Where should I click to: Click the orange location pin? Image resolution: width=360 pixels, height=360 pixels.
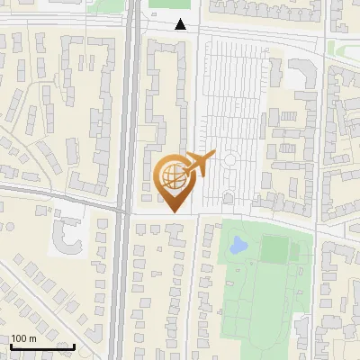tap(172, 180)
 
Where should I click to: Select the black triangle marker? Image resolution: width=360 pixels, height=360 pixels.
tap(182, 24)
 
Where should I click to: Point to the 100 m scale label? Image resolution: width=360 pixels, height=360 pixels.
tap(24, 338)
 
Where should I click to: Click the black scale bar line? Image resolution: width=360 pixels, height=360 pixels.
tap(41, 346)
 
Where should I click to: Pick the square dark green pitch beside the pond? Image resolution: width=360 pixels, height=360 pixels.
tap(274, 248)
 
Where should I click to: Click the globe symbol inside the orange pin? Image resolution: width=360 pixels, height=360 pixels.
tap(172, 173)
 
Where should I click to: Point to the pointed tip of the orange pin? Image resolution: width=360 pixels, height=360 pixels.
tap(172, 212)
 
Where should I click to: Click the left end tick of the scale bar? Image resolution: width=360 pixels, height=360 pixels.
tap(10, 345)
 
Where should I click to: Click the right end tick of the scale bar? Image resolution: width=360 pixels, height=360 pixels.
tap(74, 345)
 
